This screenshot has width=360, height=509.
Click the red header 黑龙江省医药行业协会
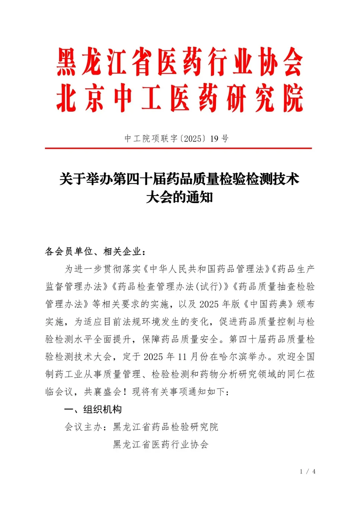point(180,62)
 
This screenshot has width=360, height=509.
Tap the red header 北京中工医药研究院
point(180,98)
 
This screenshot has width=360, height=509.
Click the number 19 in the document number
point(214,139)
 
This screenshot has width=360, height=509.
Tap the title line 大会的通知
point(179,197)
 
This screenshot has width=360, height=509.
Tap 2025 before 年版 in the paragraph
point(209,304)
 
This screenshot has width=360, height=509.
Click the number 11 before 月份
point(182,357)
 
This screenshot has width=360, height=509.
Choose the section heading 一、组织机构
point(93,409)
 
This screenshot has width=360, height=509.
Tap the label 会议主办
point(83,427)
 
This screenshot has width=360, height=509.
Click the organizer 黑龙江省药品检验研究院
point(166,427)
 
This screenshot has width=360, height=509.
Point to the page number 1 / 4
point(307,471)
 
